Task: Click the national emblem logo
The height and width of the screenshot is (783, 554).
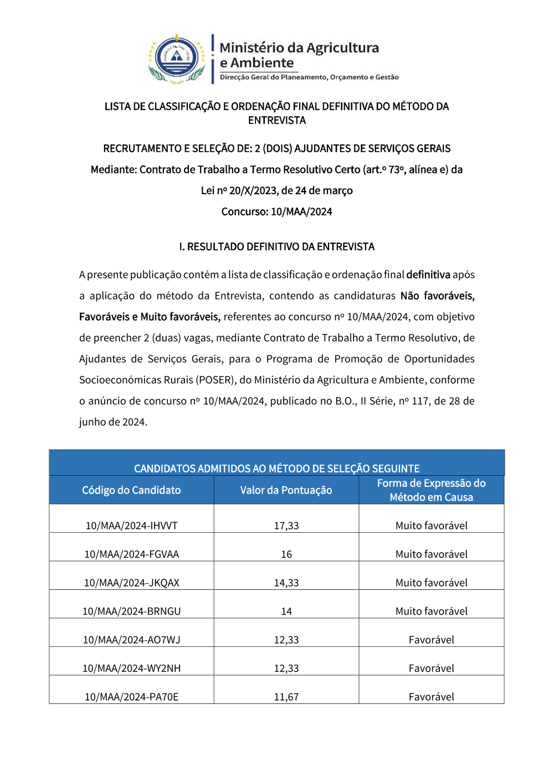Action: pos(177,59)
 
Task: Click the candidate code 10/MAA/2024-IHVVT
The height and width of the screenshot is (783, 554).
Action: pos(131,526)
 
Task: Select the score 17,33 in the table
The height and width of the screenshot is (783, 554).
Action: pos(286,526)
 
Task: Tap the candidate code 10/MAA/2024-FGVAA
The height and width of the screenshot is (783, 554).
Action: pos(131,554)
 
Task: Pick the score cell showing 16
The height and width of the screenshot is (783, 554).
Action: pos(286,554)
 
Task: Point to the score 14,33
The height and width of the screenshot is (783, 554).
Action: pos(286,583)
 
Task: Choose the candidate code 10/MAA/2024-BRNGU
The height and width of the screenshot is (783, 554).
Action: pos(131,611)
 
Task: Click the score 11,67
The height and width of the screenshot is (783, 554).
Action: pos(286,697)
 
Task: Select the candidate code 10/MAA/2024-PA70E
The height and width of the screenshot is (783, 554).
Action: pos(131,697)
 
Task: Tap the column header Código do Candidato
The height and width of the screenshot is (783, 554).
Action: pos(131,490)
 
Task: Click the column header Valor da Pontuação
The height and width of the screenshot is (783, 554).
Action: pos(286,490)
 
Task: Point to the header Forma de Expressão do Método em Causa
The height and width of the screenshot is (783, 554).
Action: pos(431,490)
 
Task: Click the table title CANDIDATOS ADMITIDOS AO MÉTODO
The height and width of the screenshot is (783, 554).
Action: pos(276,468)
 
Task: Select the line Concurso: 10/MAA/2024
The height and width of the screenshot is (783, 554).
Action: pos(276,212)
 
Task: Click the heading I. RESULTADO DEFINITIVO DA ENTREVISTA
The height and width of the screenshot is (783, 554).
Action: pos(276,247)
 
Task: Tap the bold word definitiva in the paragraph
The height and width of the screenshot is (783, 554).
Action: pos(428,275)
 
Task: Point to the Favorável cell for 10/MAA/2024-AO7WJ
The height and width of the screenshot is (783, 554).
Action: pos(431,640)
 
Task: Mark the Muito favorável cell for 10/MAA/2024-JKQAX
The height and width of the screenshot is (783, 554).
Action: pos(431,583)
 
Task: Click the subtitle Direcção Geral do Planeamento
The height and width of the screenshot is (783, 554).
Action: pos(309,78)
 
